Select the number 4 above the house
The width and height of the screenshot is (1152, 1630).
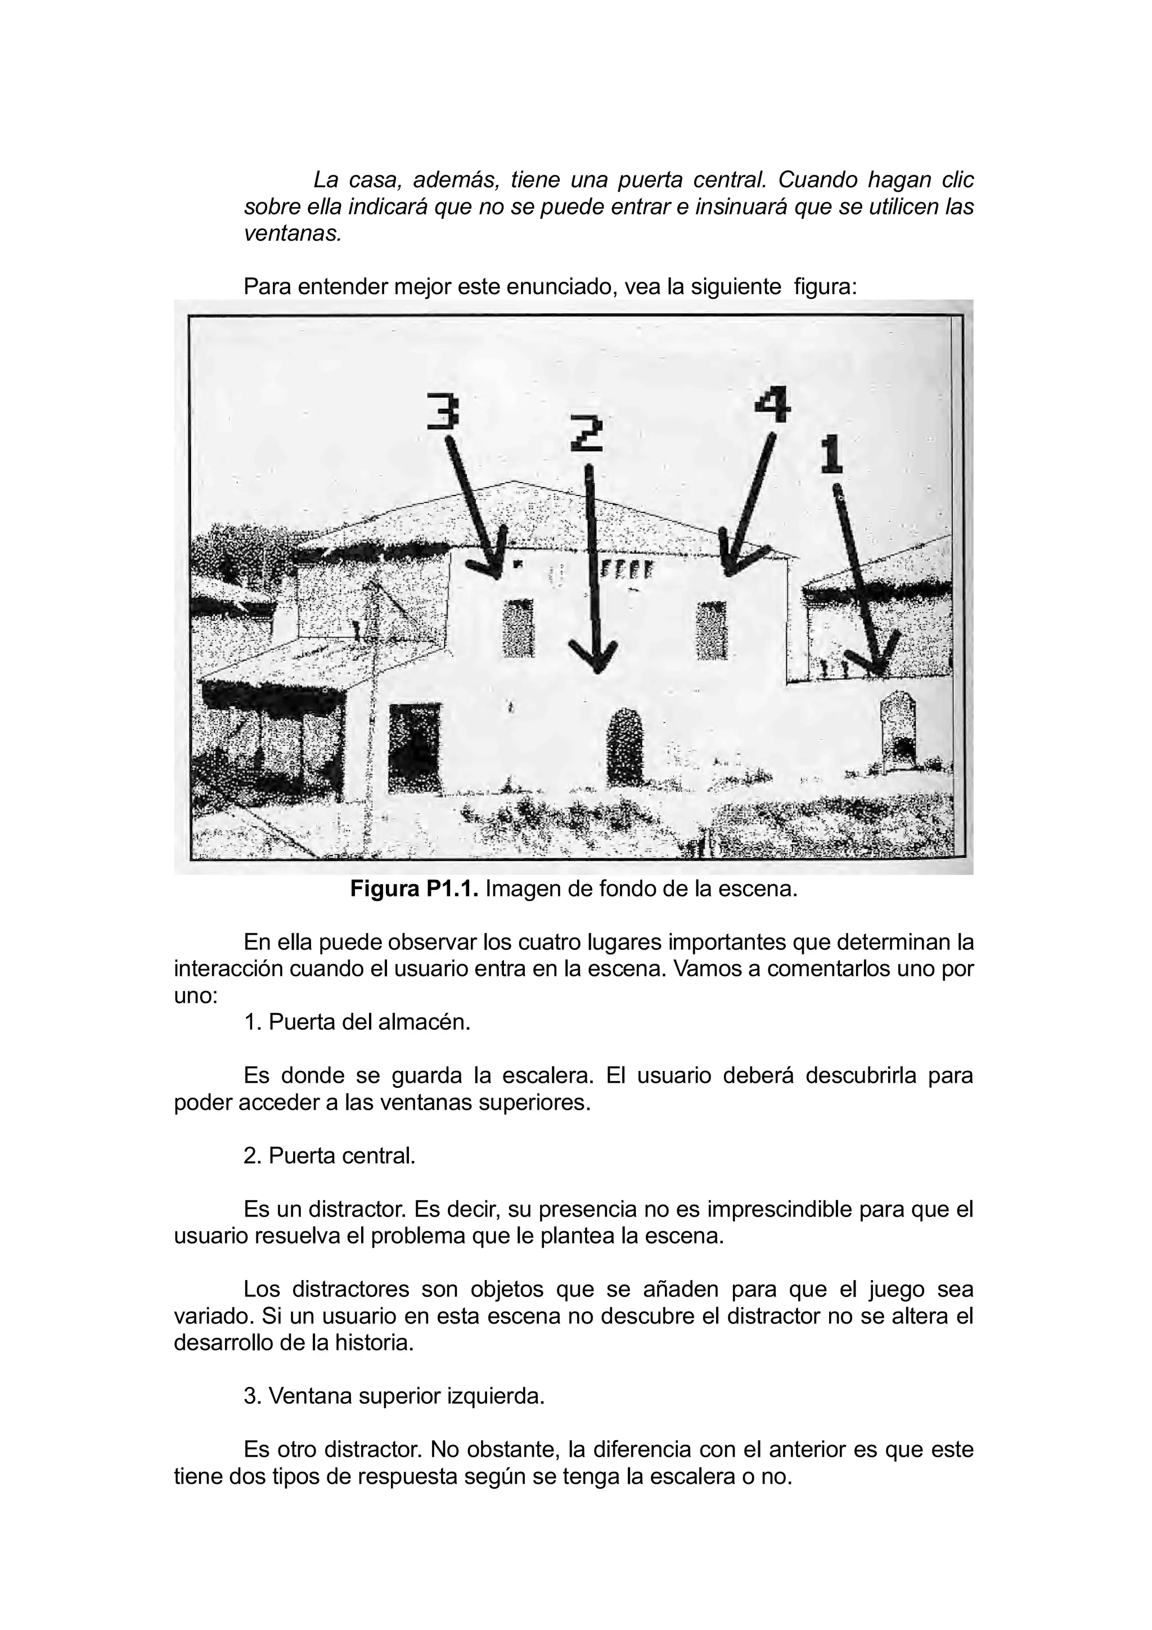pyautogui.click(x=772, y=404)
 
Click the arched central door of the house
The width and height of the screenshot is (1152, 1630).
pyautogui.click(x=624, y=747)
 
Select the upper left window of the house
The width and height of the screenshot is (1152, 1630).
pyautogui.click(x=518, y=628)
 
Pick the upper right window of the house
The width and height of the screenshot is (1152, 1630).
pyautogui.click(x=711, y=631)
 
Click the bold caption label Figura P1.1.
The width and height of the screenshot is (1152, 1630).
pyautogui.click(x=415, y=890)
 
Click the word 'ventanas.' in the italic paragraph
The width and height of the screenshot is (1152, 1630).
pyautogui.click(x=293, y=233)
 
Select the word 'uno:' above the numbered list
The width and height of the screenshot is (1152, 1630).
pyautogui.click(x=195, y=996)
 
